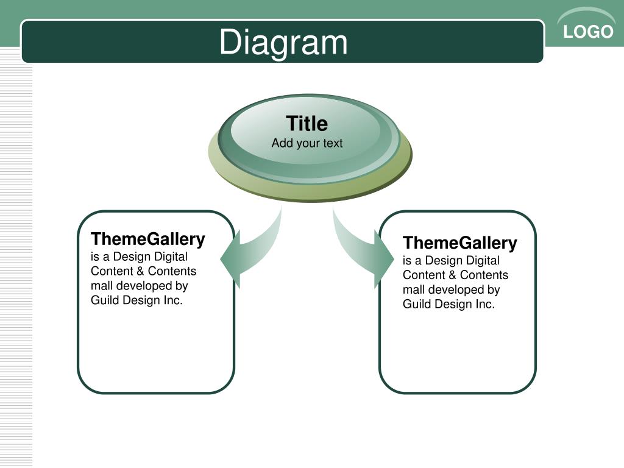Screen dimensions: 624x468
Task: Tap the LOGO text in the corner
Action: [x=588, y=32]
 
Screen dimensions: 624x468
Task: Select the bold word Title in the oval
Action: [x=307, y=123]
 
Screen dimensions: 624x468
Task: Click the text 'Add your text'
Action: [x=307, y=143]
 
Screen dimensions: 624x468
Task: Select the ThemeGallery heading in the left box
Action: [x=147, y=239]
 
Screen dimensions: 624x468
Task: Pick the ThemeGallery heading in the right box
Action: [x=459, y=243]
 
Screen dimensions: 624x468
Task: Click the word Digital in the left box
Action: [x=171, y=257]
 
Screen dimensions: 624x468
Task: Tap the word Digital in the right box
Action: [x=483, y=261]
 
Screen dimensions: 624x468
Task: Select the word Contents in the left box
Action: [x=172, y=271]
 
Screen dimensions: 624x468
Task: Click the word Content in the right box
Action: [x=424, y=275]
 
